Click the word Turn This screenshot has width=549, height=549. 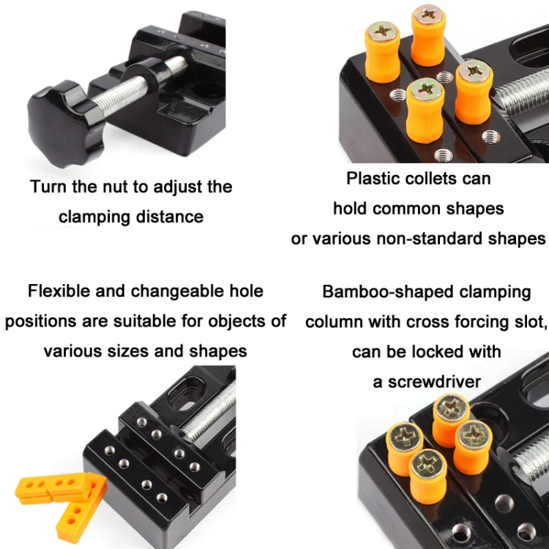coord(48,186)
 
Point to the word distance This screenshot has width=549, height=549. coord(170,217)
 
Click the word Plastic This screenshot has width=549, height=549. coord(373,178)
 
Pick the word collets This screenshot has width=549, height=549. coord(431,179)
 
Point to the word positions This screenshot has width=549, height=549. coord(40,321)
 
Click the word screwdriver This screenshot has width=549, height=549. coord(434,381)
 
